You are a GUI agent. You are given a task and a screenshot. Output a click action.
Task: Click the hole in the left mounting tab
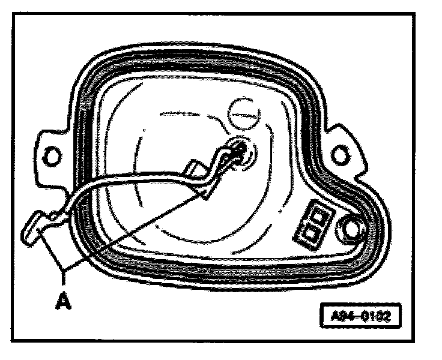point(53,157)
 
